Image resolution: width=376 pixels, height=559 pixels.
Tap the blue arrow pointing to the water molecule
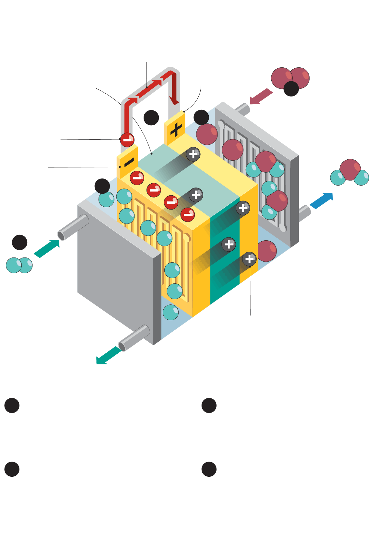(321, 200)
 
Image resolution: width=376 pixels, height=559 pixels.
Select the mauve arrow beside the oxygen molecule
(261, 96)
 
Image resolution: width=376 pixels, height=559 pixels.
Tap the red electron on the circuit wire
(127, 140)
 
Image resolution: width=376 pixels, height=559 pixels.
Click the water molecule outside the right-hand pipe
(350, 173)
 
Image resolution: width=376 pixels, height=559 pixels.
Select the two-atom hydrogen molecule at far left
(19, 265)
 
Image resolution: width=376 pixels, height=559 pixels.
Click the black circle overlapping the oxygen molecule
(291, 89)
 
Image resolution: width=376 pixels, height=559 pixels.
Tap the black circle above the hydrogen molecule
(19, 242)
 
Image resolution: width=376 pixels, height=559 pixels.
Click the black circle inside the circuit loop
(151, 118)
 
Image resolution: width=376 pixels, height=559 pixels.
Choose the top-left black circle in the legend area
(12, 405)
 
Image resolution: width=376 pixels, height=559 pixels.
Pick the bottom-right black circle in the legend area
(209, 469)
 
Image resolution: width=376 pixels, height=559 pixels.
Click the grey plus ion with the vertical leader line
(249, 259)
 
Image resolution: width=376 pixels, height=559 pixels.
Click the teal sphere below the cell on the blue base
(170, 312)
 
